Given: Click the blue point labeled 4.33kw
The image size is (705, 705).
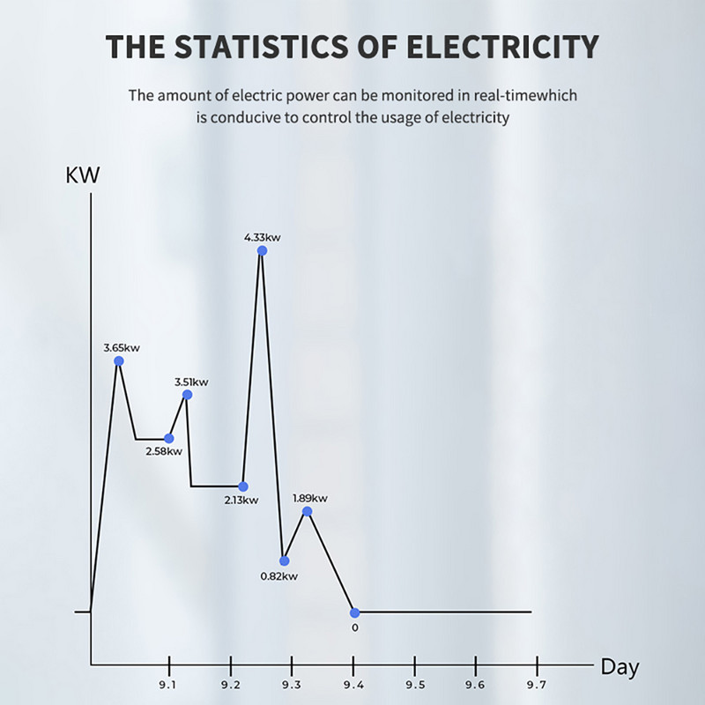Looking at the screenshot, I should click(262, 250).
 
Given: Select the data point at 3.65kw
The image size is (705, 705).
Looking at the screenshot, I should click(119, 360).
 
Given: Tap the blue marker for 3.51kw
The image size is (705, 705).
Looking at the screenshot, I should click(187, 394).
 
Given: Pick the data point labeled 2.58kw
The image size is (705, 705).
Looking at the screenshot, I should click(169, 438).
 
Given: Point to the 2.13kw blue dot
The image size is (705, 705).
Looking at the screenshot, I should click(243, 486).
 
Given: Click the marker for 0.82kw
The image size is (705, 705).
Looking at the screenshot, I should click(284, 560).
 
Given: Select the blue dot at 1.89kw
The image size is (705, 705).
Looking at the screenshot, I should click(307, 511).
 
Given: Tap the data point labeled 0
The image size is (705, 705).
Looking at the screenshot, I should click(354, 612).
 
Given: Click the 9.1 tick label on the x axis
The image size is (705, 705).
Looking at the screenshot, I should click(168, 685).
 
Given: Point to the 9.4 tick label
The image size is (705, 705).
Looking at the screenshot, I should click(353, 685).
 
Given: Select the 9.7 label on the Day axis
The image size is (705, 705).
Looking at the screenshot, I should click(536, 685).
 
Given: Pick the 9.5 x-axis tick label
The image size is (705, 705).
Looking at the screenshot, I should click(415, 685).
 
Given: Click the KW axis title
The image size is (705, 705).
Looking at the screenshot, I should click(83, 174).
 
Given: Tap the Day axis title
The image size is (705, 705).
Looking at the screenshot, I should click(620, 667).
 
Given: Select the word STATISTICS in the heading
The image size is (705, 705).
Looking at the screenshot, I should click(249, 46).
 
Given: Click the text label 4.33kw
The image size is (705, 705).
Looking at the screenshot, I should click(262, 237).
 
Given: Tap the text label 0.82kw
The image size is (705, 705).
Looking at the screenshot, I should click(278, 576).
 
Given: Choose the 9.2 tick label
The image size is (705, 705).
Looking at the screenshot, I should click(230, 685).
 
